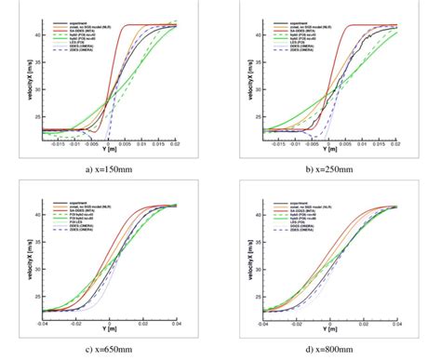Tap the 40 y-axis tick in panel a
[x=33, y=35]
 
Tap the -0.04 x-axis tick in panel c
[x=44, y=325]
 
